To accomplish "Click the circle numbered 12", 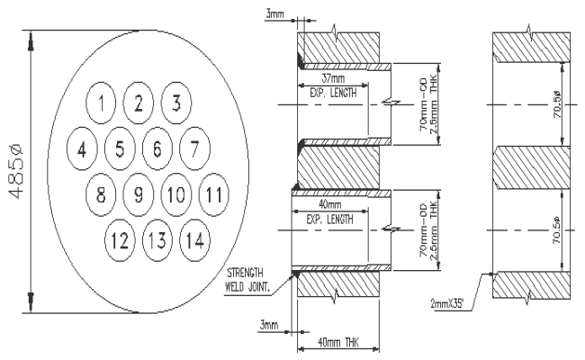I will (x=118, y=239).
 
